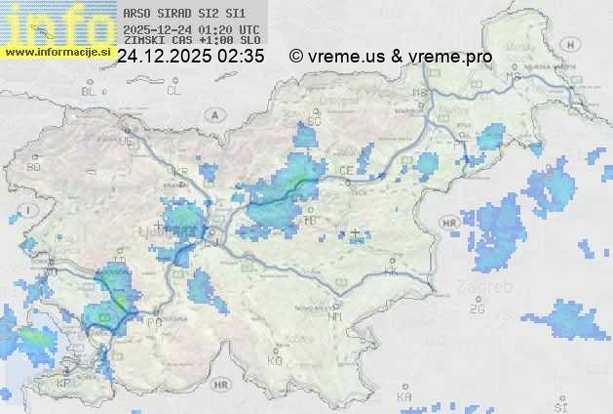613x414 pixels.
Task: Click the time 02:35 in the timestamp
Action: click(241, 57)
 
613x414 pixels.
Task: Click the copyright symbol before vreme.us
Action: click(296, 57)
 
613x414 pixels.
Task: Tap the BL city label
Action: click(90, 91)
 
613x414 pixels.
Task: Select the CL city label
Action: click(173, 91)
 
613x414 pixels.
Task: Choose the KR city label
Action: click(179, 173)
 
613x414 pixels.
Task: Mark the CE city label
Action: click(346, 171)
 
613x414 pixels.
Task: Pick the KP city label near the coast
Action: click(64, 383)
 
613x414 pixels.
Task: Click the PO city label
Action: click(154, 320)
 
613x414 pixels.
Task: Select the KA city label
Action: click(404, 397)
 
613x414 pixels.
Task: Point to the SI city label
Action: click(559, 404)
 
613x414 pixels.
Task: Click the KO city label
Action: click(275, 360)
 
